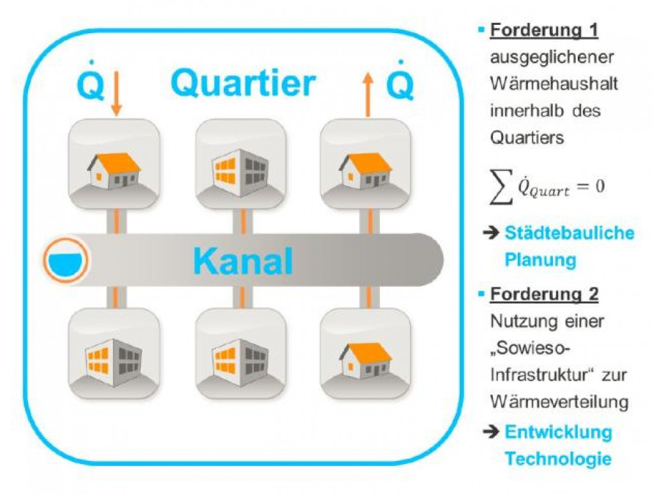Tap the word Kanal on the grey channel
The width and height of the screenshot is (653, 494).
click(243, 261)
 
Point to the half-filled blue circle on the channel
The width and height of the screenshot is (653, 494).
click(66, 260)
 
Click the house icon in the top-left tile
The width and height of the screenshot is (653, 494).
click(113, 169)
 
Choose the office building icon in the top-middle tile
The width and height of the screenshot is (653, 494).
click(238, 170)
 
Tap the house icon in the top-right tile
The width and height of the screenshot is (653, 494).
click(365, 169)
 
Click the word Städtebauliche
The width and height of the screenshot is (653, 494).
click(569, 233)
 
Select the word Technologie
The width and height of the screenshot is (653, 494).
click(558, 458)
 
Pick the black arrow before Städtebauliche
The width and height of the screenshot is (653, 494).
click(490, 233)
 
